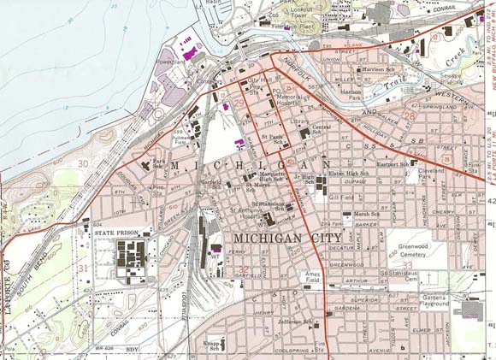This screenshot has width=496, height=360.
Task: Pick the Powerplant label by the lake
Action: (171, 62)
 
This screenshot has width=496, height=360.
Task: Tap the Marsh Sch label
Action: (367, 214)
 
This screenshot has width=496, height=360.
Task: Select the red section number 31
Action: (83, 268)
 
